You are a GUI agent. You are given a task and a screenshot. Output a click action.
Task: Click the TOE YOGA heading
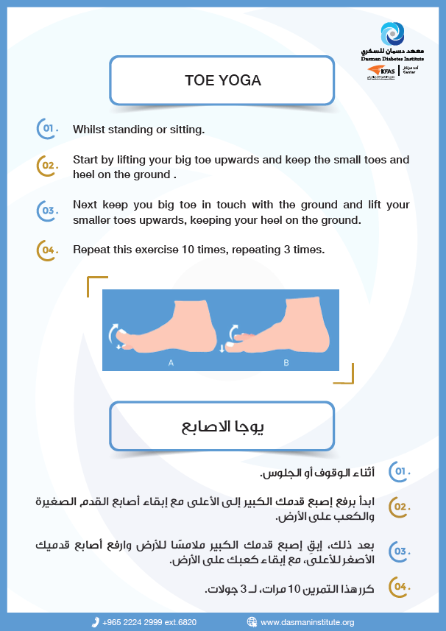(x=222, y=80)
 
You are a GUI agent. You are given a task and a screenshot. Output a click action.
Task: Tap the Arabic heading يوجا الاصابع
(x=223, y=425)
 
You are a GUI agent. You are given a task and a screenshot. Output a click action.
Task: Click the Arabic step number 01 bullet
(x=400, y=470)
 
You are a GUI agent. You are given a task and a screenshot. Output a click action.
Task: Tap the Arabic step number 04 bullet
(x=400, y=587)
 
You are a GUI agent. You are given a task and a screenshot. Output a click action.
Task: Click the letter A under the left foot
(x=171, y=363)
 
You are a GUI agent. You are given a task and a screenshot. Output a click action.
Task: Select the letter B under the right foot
(x=286, y=363)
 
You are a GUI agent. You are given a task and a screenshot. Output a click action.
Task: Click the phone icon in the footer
(x=96, y=622)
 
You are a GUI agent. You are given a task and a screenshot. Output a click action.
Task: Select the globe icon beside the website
(x=252, y=622)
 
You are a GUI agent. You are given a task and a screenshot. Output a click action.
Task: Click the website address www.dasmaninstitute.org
(x=308, y=622)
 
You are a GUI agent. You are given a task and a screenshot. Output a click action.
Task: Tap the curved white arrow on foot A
(x=114, y=333)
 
